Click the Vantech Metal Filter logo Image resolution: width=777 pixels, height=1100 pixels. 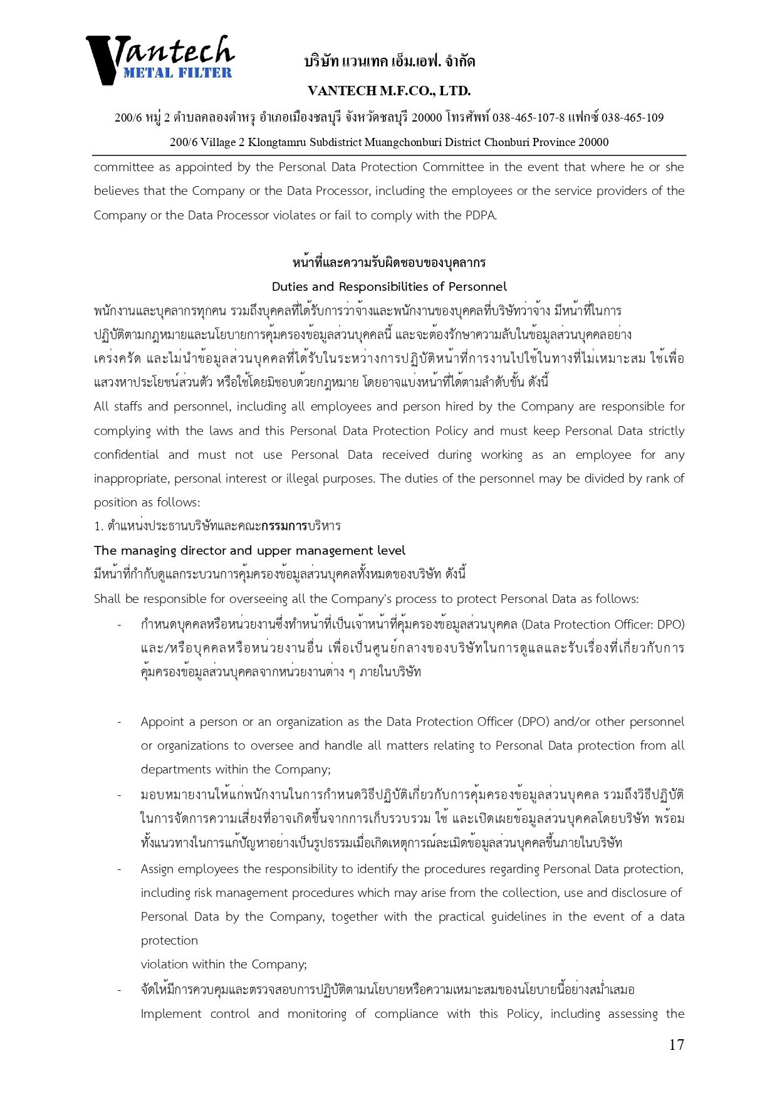pos(160,60)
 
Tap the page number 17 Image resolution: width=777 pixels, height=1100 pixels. pos(676,1044)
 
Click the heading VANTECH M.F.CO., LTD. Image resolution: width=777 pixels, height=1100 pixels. pos(389,91)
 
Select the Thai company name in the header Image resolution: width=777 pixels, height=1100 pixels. pos(389,61)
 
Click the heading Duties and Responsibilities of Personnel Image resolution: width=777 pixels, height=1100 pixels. pos(389,286)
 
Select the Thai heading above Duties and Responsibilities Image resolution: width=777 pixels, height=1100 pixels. pos(389,262)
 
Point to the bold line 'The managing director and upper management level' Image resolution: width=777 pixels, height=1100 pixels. pos(249,550)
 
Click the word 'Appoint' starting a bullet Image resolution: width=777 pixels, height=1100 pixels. pos(162,721)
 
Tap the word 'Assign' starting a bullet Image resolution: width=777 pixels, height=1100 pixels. pos(157,869)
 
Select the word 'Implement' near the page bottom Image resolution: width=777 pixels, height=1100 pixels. pos(171,1014)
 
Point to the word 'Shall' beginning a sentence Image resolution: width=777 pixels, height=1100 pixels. pos(107,599)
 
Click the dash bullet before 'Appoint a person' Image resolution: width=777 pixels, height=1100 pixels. pos(119,722)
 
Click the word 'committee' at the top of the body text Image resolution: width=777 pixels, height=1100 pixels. pos(123,167)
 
